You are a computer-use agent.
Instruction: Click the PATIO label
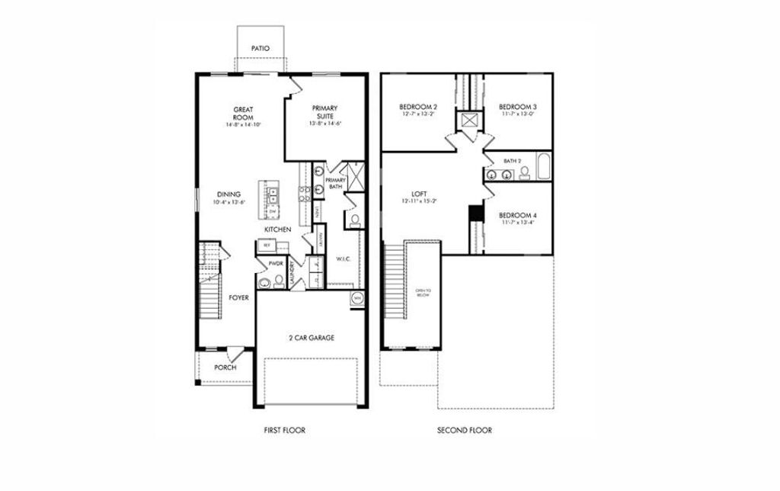(261, 49)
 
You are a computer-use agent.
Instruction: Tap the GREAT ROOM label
(243, 113)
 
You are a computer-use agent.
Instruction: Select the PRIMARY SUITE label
(324, 112)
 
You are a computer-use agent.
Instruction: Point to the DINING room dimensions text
(229, 203)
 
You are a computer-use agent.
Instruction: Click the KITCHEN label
(277, 229)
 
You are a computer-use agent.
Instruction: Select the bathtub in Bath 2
(543, 167)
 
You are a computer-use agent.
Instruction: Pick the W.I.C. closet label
(343, 260)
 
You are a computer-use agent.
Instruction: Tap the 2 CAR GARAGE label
(311, 337)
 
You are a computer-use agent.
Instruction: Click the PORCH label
(225, 367)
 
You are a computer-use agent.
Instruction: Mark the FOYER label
(239, 297)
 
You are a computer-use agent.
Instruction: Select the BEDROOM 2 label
(418, 107)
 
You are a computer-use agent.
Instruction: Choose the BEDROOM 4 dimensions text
(518, 223)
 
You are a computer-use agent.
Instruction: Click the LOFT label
(417, 194)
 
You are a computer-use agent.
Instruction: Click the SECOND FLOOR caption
(464, 431)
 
